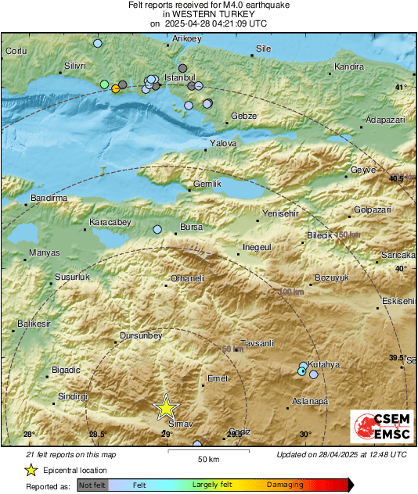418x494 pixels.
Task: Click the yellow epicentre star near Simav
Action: [166, 407]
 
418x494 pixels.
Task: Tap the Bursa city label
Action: [191, 227]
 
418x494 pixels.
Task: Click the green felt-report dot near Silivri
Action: [104, 84]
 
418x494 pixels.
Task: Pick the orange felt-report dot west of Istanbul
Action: [116, 88]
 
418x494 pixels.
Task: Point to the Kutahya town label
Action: [323, 365]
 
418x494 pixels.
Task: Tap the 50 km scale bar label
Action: [207, 459]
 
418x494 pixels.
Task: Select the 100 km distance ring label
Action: [291, 292]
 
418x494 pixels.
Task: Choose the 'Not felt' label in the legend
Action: [93, 485]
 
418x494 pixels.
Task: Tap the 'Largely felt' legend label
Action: [211, 485]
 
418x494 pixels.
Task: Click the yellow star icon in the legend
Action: [31, 470]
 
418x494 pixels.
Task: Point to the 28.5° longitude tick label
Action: [98, 435]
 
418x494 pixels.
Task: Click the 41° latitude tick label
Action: [401, 87]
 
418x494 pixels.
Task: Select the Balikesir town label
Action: [34, 324]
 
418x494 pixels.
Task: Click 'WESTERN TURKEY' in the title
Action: [208, 14]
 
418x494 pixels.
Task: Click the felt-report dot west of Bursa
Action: [157, 230]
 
